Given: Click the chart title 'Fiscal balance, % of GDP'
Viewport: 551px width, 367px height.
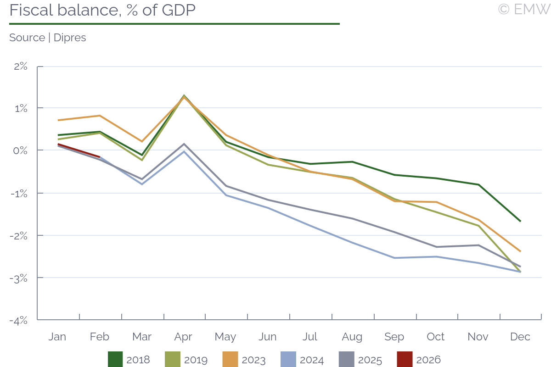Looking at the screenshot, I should coord(102,10).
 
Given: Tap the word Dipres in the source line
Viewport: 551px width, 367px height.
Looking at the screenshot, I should coord(70,38).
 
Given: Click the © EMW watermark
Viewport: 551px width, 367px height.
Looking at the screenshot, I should coord(523,9).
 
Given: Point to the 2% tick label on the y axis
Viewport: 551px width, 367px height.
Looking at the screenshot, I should coord(21,66).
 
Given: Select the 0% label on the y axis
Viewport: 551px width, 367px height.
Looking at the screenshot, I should coord(21,150).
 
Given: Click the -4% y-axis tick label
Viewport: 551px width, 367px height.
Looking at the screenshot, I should coord(19,320).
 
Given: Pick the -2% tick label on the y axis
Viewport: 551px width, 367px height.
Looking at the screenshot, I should coord(19,235).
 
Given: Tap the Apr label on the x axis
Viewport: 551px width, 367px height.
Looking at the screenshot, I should coord(183,337).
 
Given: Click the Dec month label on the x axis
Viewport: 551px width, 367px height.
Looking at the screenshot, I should coord(520,337).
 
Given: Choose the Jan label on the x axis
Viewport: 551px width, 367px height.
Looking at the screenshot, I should coord(57,337).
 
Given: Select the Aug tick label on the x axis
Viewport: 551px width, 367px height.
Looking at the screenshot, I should coord(352,337).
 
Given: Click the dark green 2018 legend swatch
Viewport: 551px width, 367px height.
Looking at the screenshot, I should coord(115,360).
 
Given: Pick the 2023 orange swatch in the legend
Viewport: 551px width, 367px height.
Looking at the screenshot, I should coord(230,360).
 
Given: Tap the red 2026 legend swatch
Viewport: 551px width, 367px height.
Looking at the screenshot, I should coord(404,360).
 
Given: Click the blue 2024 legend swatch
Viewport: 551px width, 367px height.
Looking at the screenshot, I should coord(288,360).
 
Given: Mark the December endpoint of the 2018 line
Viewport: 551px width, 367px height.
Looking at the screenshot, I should coord(520,221).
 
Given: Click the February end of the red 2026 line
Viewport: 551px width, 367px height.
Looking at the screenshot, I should coord(100,157).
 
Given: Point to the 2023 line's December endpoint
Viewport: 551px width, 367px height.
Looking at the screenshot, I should coord(520,251).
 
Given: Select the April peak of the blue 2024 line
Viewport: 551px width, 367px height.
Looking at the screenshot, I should coord(184,151).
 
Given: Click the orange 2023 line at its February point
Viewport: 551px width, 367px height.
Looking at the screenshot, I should coord(100,116).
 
